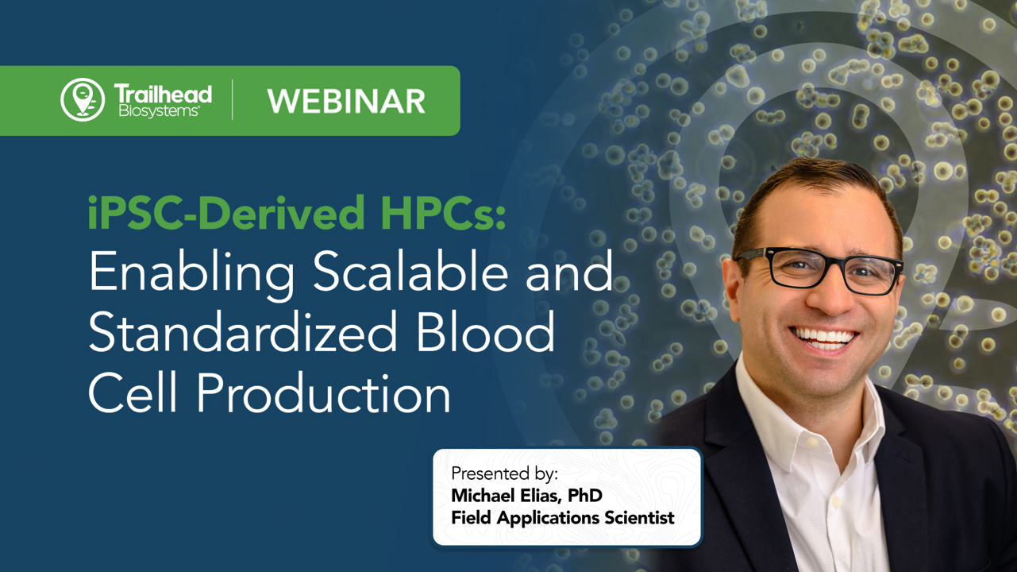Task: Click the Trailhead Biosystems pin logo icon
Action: [83, 100]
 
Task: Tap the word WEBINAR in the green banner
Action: [346, 102]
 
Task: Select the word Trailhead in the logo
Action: [163, 95]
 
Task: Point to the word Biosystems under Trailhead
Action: [159, 111]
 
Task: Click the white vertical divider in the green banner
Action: [233, 100]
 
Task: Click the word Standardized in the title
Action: [242, 332]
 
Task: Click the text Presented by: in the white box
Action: [504, 473]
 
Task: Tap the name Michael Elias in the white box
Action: [506, 496]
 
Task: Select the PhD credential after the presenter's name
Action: [585, 496]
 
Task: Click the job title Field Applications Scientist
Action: [562, 518]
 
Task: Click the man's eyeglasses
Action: [822, 269]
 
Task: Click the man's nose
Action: [830, 298]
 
